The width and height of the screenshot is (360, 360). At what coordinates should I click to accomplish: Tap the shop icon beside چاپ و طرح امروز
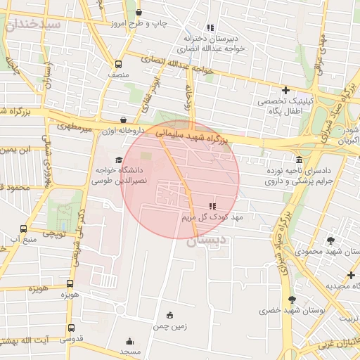[x=139, y=13]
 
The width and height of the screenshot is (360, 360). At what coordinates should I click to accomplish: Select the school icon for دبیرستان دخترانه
[x=210, y=27]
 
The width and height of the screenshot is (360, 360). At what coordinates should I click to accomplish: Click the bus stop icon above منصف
[x=118, y=62]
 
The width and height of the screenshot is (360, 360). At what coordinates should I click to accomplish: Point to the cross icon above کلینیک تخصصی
[x=285, y=90]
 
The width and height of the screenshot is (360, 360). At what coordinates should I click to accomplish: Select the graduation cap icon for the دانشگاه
[x=118, y=160]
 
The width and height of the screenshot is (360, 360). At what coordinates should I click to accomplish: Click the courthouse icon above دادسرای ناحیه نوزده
[x=300, y=160]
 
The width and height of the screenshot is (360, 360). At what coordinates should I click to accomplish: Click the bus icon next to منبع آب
[x=24, y=229]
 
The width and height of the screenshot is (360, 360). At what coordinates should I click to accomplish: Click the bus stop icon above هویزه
[x=69, y=283]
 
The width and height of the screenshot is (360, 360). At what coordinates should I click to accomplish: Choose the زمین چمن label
[x=169, y=327]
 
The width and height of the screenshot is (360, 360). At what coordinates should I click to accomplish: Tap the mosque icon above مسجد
[x=129, y=339]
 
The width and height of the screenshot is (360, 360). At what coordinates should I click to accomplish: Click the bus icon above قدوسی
[x=70, y=328]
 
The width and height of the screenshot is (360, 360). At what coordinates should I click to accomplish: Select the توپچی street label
[x=55, y=233]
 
